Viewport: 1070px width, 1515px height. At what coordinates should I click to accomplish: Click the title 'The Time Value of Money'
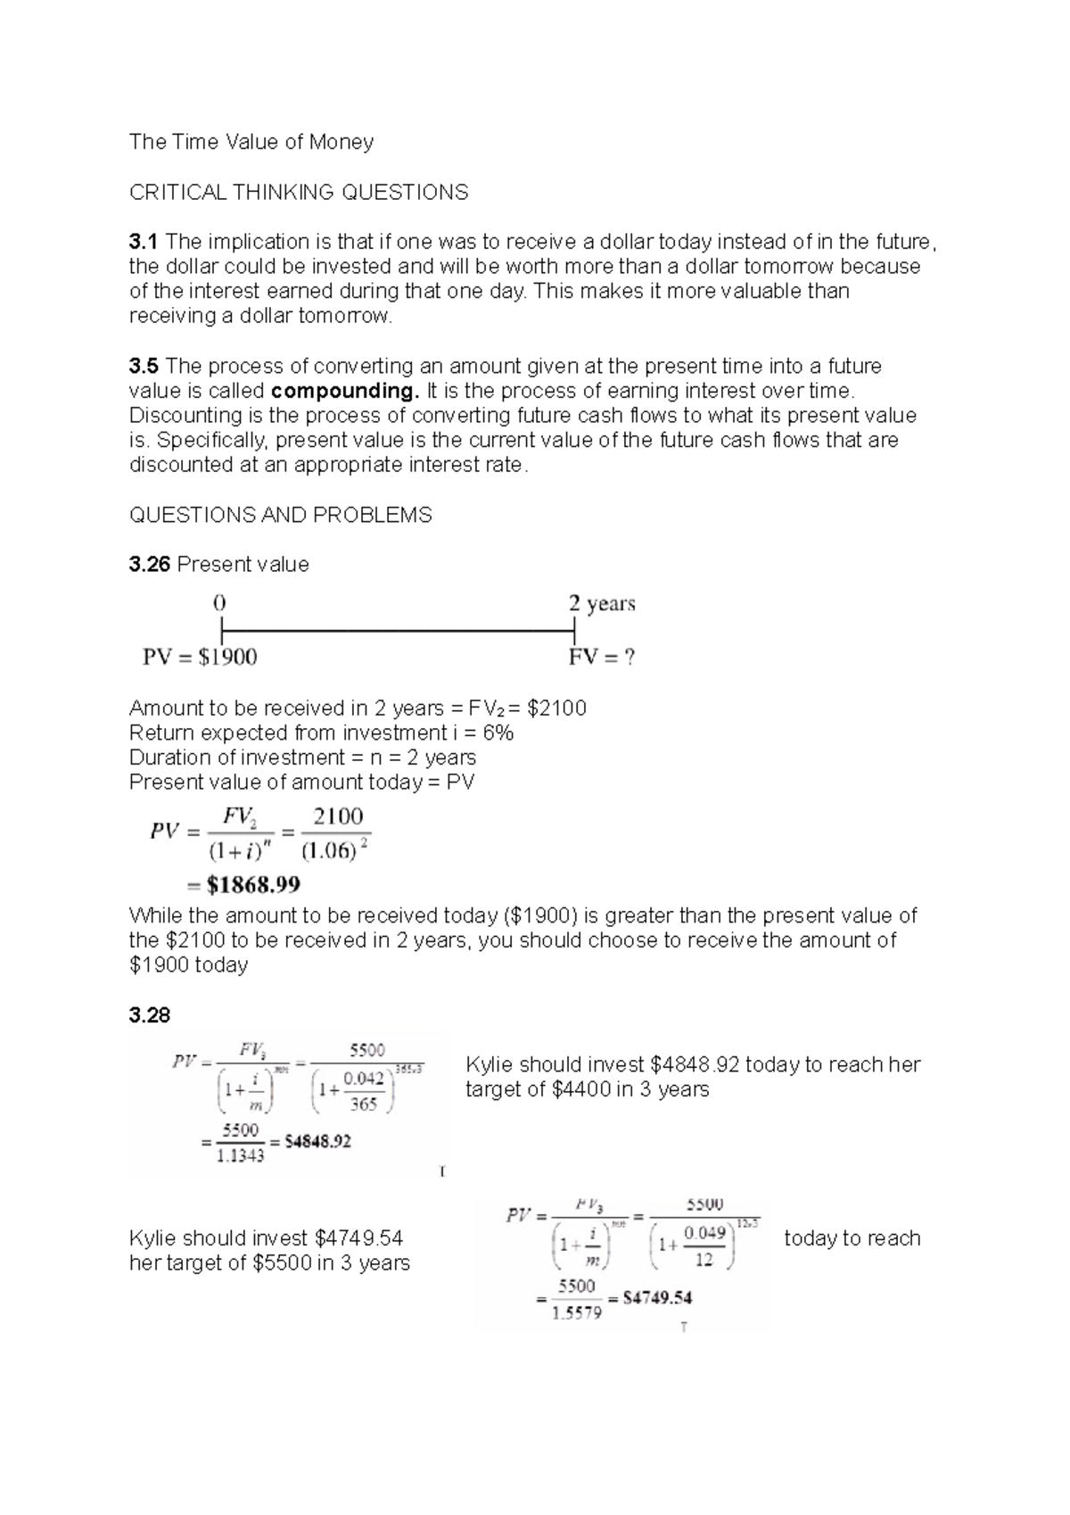(x=251, y=142)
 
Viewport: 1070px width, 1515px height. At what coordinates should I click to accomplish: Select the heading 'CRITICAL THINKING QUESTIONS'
(x=299, y=192)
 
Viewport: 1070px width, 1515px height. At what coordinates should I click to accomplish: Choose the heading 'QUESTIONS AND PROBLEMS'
(x=281, y=515)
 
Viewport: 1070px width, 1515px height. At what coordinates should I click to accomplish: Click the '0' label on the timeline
(x=219, y=603)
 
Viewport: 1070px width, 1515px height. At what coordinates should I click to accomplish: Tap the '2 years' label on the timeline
(x=602, y=604)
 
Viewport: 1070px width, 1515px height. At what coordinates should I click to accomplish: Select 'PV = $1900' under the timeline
(x=200, y=658)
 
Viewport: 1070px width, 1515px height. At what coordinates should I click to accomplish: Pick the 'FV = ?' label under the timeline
(x=602, y=658)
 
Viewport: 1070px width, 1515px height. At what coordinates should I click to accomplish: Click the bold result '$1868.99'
(x=253, y=885)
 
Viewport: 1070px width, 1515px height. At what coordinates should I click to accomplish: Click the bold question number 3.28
(x=149, y=1015)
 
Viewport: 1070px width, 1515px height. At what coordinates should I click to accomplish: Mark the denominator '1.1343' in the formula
(x=240, y=1157)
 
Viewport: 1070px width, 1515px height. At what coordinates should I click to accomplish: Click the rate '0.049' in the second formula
(x=704, y=1232)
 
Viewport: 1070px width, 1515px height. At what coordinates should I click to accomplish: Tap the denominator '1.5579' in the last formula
(x=577, y=1313)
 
